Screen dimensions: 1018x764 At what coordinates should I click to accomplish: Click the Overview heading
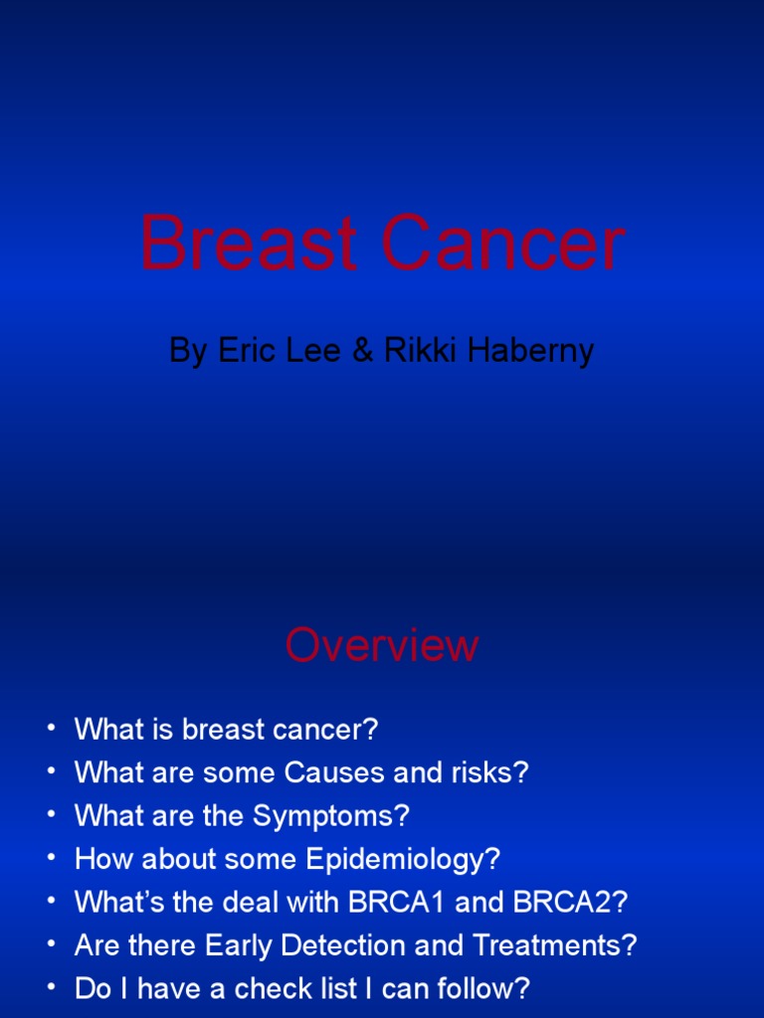pos(382,646)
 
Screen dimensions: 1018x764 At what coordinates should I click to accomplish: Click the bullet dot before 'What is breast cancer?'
pos(52,730)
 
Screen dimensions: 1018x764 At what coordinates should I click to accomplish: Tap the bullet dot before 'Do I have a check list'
pos(52,989)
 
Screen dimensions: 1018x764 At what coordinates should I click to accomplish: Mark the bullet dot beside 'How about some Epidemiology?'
pos(52,859)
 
